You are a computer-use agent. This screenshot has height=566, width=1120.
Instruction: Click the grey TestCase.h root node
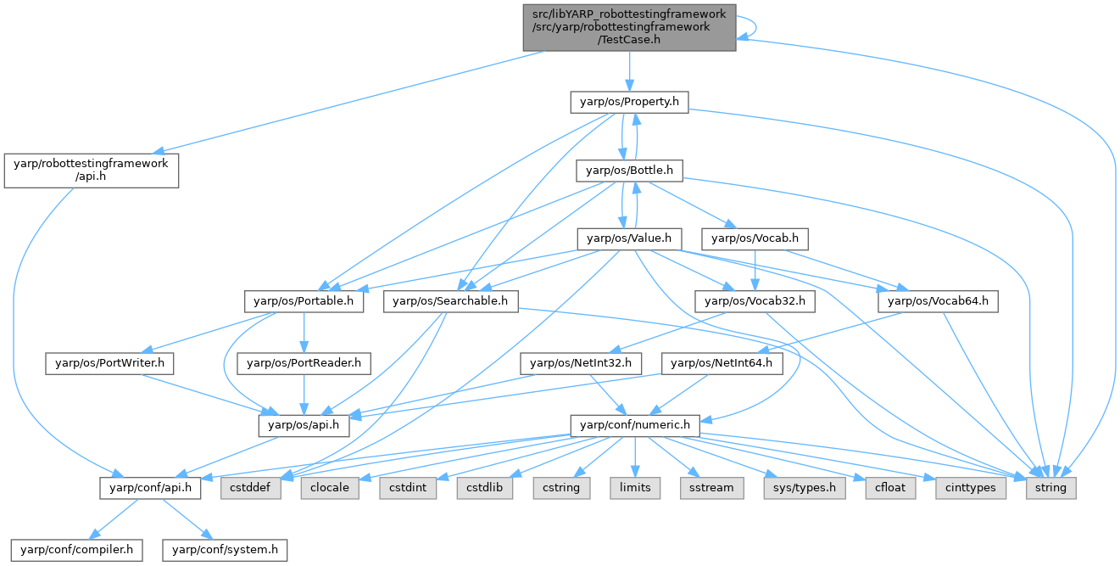[x=628, y=25]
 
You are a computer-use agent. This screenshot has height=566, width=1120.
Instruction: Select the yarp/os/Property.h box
[x=628, y=103]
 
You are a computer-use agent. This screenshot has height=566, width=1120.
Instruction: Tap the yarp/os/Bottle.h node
[x=629, y=171]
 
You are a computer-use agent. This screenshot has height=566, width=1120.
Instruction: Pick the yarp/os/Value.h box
[x=629, y=239]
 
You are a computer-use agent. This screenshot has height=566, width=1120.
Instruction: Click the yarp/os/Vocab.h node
[x=755, y=239]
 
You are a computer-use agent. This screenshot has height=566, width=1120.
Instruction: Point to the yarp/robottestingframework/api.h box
[x=91, y=171]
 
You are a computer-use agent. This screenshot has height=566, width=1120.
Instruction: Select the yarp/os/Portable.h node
[x=304, y=300]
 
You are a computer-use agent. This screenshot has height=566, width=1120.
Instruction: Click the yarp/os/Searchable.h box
[x=450, y=300]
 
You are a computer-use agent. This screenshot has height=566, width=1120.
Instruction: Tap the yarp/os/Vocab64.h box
[x=939, y=300]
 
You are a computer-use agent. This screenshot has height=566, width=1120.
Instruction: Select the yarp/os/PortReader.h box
[x=304, y=363]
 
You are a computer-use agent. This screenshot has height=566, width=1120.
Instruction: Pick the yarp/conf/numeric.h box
[x=634, y=424]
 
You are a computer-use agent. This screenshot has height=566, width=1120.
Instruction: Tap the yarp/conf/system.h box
[x=226, y=549]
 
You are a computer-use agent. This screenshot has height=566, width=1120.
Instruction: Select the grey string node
[x=1051, y=488]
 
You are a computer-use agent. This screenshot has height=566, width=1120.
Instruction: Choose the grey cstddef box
[x=251, y=488]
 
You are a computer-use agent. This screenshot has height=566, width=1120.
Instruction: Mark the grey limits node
[x=635, y=488]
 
